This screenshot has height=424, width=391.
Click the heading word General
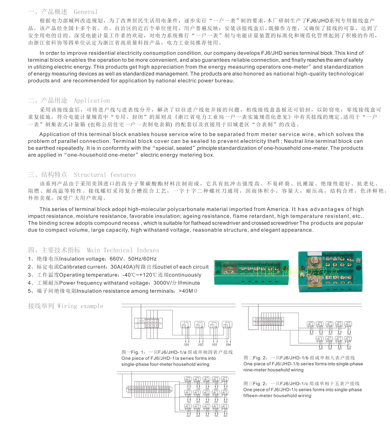click(x=85, y=12)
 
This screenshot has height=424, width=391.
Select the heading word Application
click(x=92, y=100)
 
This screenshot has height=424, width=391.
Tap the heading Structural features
click(x=105, y=175)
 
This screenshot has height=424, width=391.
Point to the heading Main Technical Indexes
click(x=123, y=250)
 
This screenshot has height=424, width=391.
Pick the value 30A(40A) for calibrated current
click(x=123, y=267)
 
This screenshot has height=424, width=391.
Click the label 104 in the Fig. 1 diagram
click(x=228, y=345)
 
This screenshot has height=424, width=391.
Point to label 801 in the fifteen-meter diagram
click(x=225, y=416)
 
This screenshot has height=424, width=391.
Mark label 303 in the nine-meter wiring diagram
click(x=349, y=349)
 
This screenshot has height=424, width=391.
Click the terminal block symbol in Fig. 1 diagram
click(x=148, y=323)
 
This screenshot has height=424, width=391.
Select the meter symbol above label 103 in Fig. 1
click(x=213, y=325)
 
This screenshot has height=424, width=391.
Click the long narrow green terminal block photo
click(x=251, y=272)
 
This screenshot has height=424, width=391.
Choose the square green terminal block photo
click(x=330, y=271)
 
